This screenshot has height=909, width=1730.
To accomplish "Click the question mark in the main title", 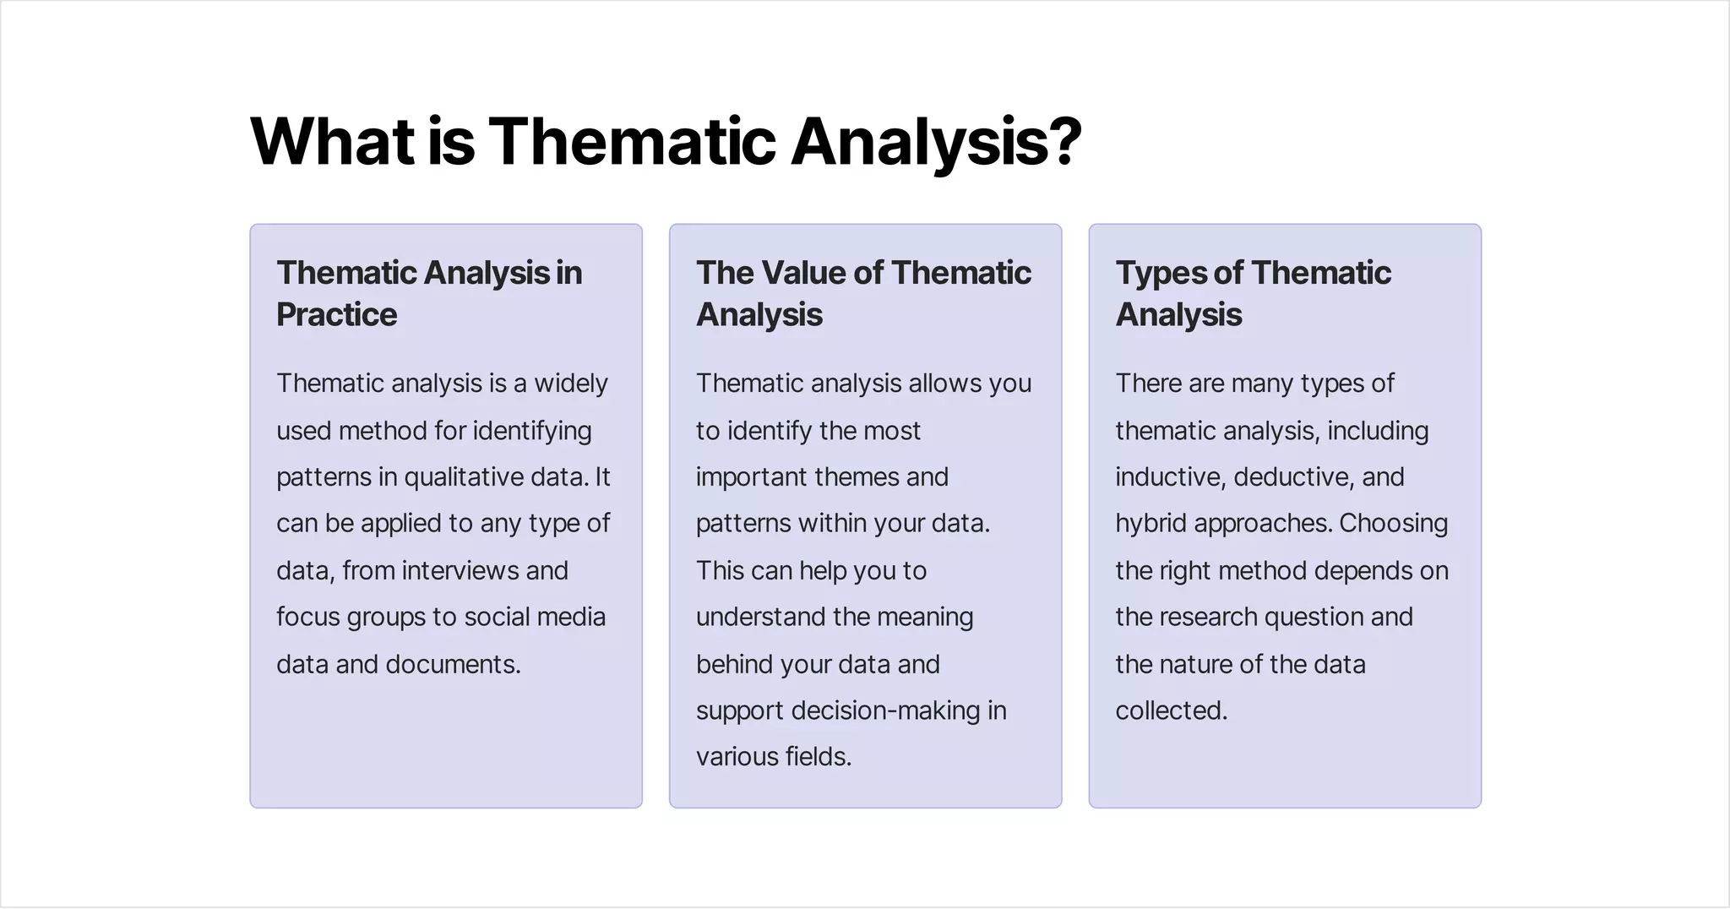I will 1064,142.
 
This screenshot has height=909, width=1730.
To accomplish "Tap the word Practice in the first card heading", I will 336,315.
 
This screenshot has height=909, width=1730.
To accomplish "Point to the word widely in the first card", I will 570,384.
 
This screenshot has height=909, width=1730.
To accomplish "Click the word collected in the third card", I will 1170,711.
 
